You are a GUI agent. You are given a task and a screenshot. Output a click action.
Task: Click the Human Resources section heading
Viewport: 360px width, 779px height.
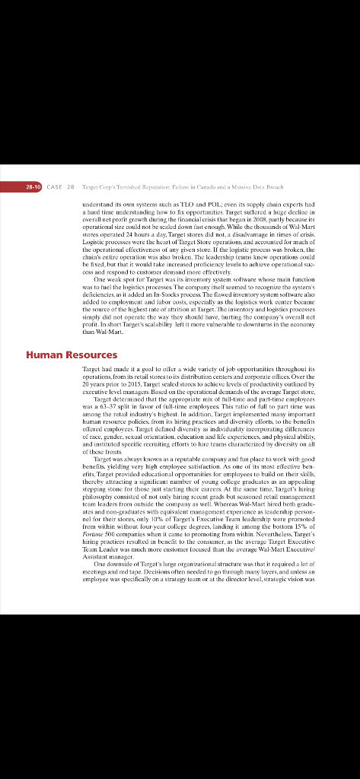tap(72, 355)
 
